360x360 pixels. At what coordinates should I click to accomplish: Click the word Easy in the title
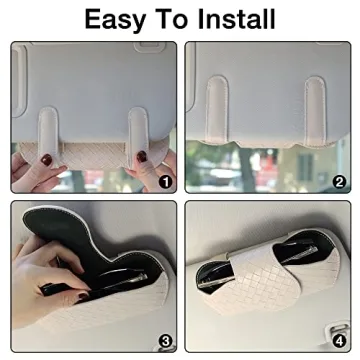113,19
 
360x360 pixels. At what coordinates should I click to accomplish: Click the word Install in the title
236,19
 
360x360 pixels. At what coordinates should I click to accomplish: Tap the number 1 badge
167,182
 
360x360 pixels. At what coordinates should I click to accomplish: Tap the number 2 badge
339,182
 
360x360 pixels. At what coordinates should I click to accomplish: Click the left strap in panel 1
47,131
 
